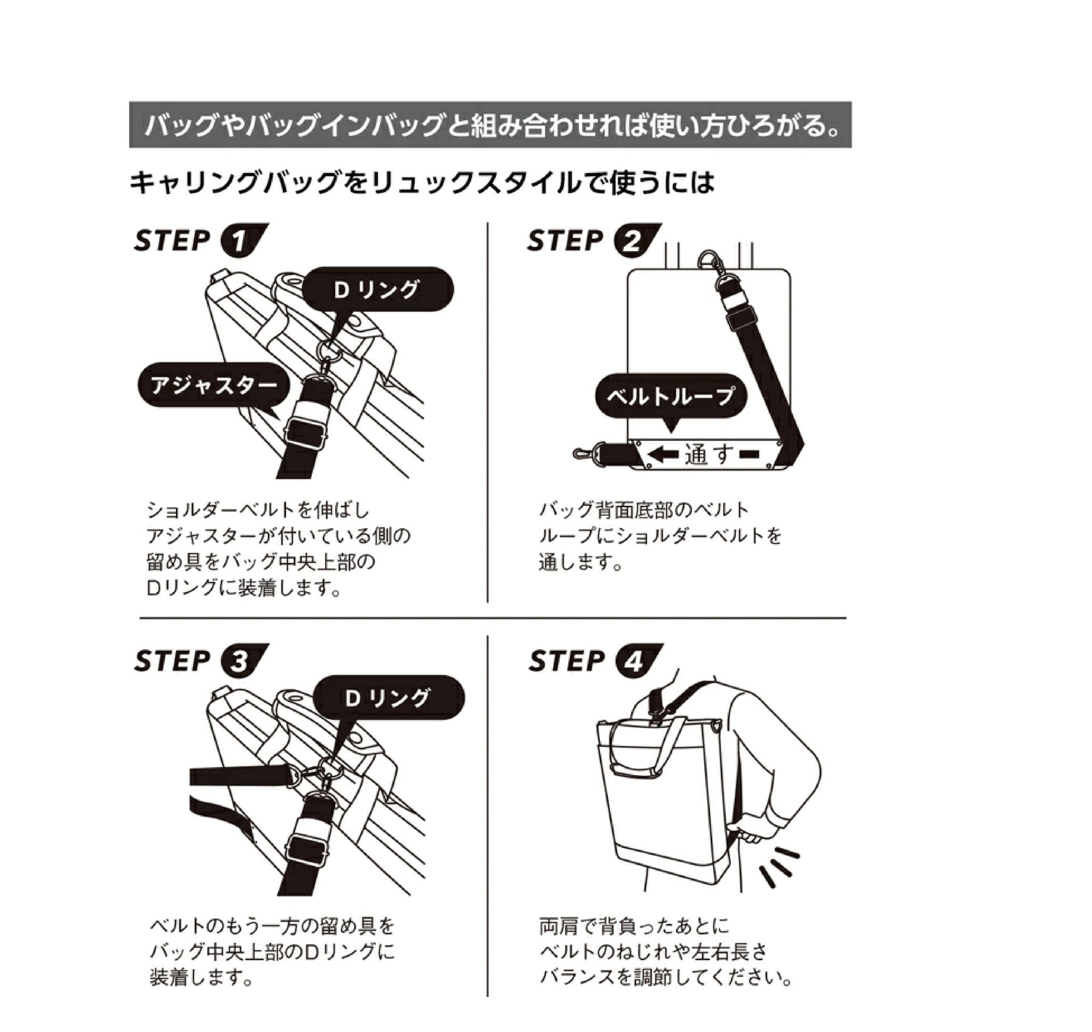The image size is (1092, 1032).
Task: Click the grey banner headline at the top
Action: pos(490,124)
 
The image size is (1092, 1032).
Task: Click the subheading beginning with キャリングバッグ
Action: pos(421,183)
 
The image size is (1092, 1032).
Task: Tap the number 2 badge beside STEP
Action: pos(637,240)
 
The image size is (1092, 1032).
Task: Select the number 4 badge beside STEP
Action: pos(638,660)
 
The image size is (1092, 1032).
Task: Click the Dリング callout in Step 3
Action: pos(388,698)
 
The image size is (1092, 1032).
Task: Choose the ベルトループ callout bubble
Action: pos(671,396)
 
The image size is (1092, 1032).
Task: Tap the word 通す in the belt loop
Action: pos(709,454)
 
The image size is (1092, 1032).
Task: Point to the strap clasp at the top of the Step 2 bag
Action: pos(710,262)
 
